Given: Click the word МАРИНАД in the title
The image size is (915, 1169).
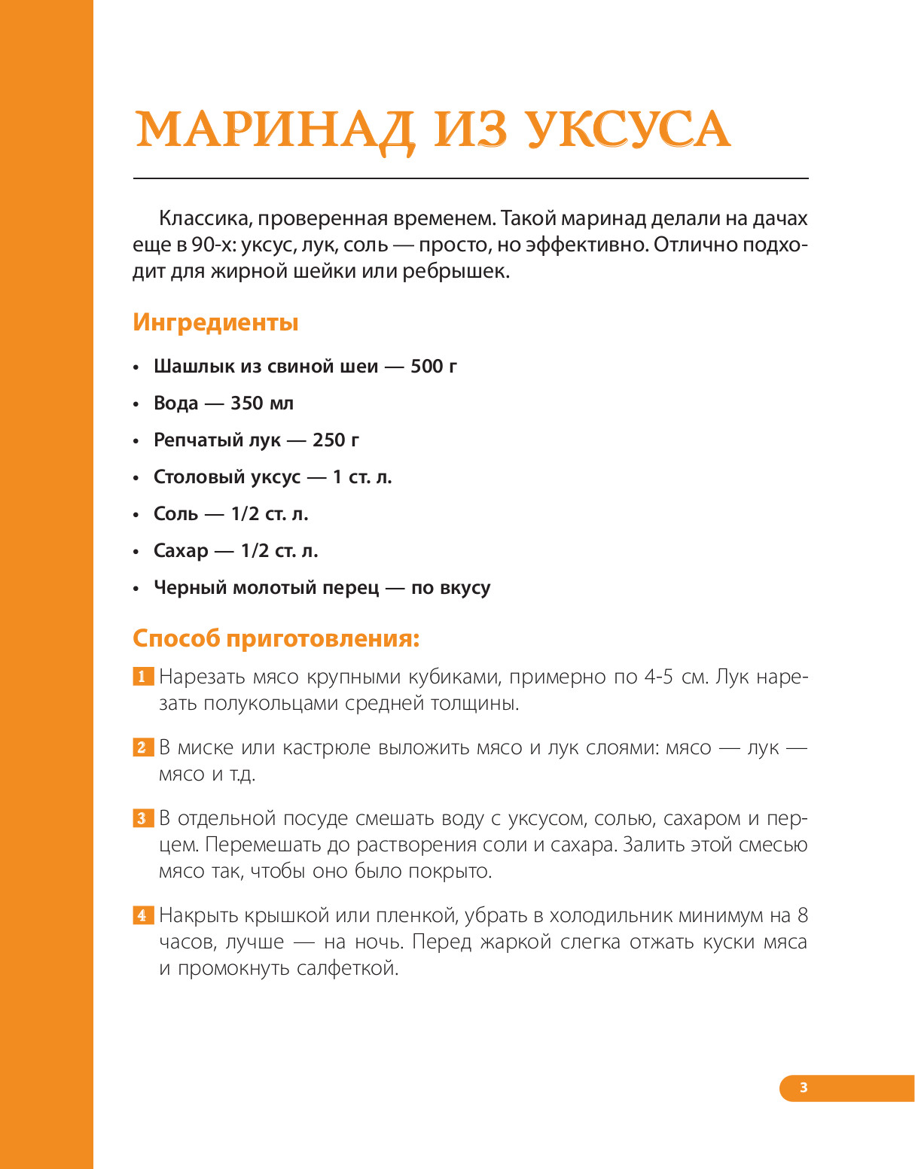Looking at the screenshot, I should click(275, 130).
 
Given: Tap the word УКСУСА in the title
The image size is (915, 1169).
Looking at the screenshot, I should click(628, 130).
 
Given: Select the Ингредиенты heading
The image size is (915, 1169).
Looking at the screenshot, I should click(215, 322).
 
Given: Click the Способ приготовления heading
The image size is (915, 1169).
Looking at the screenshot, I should click(276, 638).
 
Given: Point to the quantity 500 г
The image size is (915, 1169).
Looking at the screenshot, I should click(434, 367).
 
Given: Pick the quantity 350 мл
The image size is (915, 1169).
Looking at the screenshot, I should click(262, 403).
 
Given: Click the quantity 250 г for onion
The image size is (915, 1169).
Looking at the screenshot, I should click(336, 440).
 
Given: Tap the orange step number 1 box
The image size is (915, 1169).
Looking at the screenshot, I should click(142, 677).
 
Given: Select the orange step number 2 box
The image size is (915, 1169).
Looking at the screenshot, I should click(142, 747).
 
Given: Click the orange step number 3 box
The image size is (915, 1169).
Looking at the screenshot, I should click(142, 818).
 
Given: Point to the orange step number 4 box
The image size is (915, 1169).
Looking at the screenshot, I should click(142, 915).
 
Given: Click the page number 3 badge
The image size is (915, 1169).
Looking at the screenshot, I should click(804, 1087).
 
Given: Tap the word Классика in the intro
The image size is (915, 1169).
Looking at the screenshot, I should click(203, 219).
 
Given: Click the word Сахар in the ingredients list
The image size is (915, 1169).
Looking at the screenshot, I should click(181, 551).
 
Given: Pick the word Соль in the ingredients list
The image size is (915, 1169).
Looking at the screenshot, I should click(176, 514).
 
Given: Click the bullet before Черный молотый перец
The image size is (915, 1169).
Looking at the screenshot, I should click(136, 589).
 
